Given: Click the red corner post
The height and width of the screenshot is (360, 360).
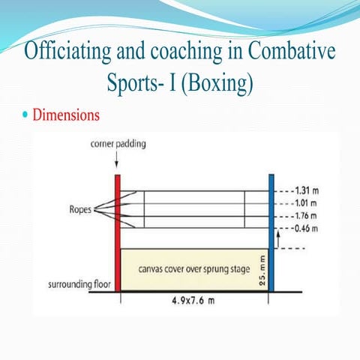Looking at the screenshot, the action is click(118, 233).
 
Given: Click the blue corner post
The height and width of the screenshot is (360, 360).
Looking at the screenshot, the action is click(271, 233).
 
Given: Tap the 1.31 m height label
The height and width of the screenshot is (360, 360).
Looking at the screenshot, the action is click(307, 190).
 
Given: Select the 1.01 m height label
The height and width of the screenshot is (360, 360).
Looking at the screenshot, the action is click(306, 203).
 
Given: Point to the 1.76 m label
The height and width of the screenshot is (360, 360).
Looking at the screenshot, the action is click(306, 215).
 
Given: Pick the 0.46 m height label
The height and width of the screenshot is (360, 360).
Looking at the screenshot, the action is click(306, 228).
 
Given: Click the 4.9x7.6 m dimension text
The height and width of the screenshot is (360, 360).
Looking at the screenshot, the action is click(193, 300).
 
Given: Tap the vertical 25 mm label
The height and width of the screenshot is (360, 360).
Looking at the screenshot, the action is click(262, 271).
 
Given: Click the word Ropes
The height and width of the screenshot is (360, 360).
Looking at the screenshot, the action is click(80, 209).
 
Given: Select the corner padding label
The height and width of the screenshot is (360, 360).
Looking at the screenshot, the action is click(118, 144).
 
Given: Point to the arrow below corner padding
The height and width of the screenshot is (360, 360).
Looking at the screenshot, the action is click(116, 159).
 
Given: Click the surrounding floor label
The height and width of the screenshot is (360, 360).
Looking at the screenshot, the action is click(79, 284).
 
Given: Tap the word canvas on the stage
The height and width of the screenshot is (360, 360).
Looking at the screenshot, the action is click(151, 269).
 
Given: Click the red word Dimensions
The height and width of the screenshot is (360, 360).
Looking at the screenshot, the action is click(66, 115).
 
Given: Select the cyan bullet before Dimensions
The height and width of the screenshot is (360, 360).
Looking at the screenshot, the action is click(25, 115).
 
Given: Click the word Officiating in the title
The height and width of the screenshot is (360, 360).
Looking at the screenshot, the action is click(67, 51).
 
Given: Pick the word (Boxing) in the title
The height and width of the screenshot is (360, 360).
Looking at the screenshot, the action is click(217, 82).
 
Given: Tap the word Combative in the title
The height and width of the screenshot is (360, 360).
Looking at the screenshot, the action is click(292, 50).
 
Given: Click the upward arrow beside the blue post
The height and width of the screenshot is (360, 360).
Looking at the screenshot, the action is click(278, 240).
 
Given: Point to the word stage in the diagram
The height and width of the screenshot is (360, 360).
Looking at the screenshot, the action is click(240, 269).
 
